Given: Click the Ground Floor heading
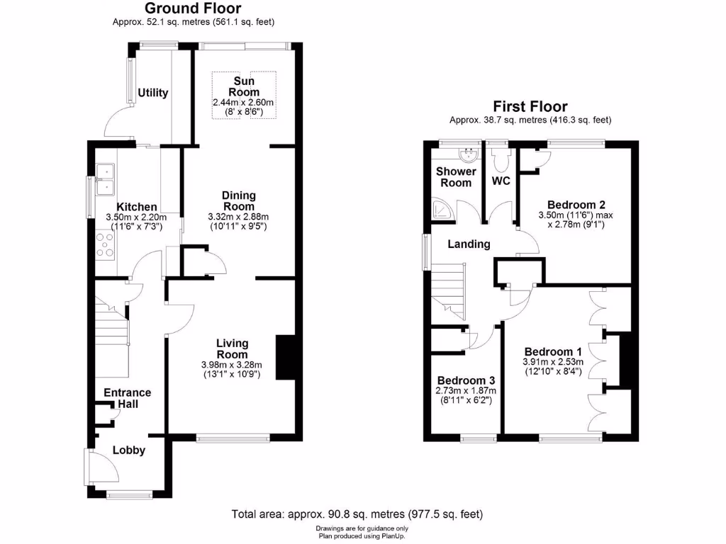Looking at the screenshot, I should click(193, 8).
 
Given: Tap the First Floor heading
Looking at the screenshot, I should click(530, 106).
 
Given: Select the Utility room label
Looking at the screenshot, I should click(153, 93).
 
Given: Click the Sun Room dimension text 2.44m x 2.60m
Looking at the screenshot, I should click(242, 103).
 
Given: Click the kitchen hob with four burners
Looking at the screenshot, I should click(105, 244).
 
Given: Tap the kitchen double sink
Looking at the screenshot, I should click(106, 178).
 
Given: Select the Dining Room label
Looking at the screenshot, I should click(238, 200).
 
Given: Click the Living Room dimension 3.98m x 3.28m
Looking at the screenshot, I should click(231, 365).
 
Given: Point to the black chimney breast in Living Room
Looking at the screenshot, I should click(285, 358).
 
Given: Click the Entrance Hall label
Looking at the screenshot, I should click(128, 398).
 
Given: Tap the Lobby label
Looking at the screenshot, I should click(129, 450).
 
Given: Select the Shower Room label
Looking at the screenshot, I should click(453, 177).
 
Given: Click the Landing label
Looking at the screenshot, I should click(468, 244).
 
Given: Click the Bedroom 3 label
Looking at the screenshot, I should click(466, 380).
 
